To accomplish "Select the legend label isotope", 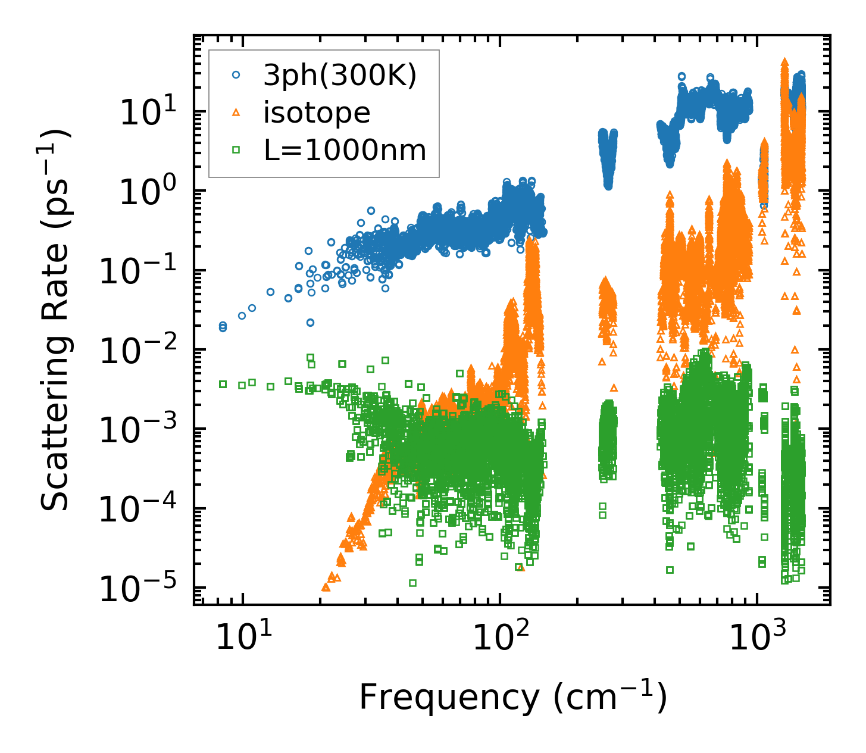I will [x=317, y=113].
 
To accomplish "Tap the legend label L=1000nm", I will [x=345, y=151].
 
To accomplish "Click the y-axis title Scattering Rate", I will [x=55, y=320].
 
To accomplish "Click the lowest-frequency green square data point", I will [x=223, y=385].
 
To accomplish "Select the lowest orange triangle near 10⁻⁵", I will [x=326, y=587].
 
